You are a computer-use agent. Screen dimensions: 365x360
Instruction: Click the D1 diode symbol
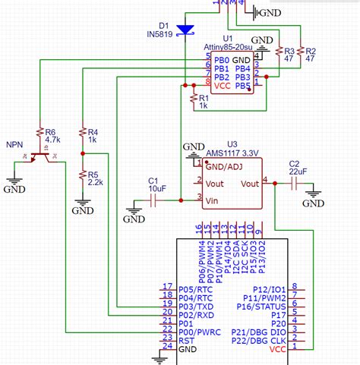pyautogui.click(x=185, y=30)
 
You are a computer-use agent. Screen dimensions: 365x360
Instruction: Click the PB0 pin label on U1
pyautogui.click(x=221, y=60)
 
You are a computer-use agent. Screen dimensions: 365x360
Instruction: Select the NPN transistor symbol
pyautogui.click(x=40, y=157)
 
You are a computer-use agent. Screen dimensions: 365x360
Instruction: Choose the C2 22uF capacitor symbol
pyautogui.click(x=293, y=183)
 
